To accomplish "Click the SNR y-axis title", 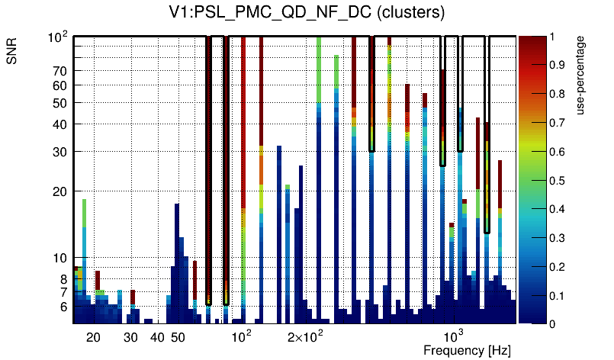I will [x=12, y=53].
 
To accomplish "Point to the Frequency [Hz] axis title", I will [x=467, y=350].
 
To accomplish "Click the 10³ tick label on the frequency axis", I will [x=453, y=336].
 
